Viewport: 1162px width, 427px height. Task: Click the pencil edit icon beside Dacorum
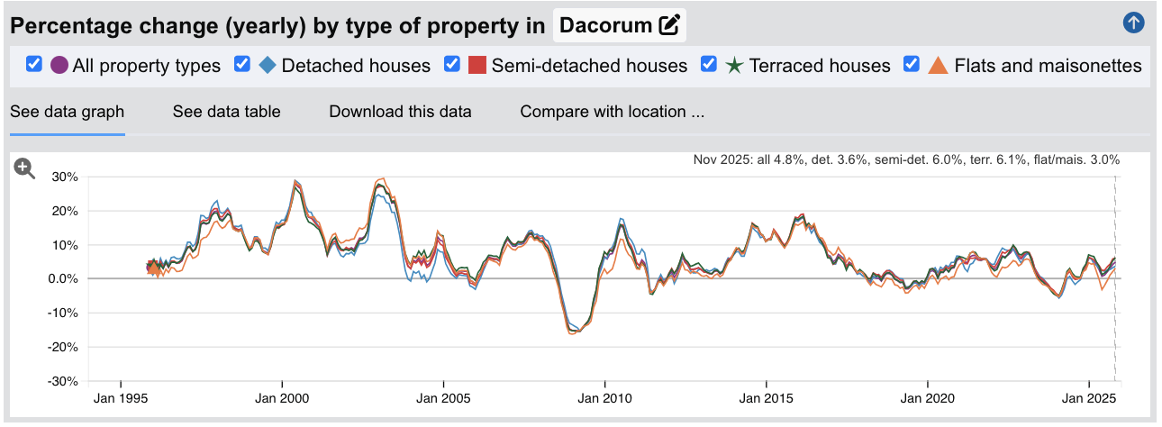tap(669, 25)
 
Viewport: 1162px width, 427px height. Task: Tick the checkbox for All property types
tap(35, 65)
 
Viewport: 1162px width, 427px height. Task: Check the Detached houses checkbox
tap(241, 65)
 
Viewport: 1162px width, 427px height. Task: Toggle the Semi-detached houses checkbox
tap(452, 65)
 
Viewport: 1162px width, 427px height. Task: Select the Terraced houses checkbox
tap(709, 65)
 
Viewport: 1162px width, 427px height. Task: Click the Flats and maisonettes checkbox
tap(912, 65)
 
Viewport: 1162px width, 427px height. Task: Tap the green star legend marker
tap(734, 66)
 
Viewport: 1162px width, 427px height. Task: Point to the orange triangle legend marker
tap(939, 66)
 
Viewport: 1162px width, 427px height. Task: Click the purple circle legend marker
tap(59, 66)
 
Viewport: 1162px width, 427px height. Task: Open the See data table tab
tap(226, 112)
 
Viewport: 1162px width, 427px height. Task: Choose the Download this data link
tap(400, 112)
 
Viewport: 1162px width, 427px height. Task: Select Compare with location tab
tap(612, 112)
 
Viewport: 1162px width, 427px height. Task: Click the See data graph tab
tap(67, 112)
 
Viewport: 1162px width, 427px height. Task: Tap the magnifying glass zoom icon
tap(24, 168)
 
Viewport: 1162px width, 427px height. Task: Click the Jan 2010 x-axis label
tap(604, 398)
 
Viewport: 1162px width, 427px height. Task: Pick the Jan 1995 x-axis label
tap(121, 398)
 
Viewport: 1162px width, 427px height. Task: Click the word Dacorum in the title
tap(605, 25)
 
